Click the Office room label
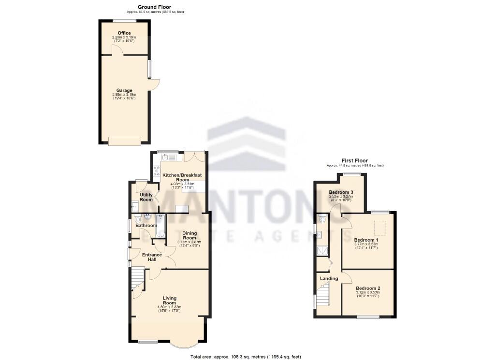124,33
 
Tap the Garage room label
124,90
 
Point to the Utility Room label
146,197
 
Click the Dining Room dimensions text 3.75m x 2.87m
189,242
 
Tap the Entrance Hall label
152,257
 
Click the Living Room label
169,300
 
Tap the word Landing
329,278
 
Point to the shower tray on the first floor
321,250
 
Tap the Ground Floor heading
154,7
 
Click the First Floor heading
354,161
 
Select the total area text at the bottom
246,357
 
